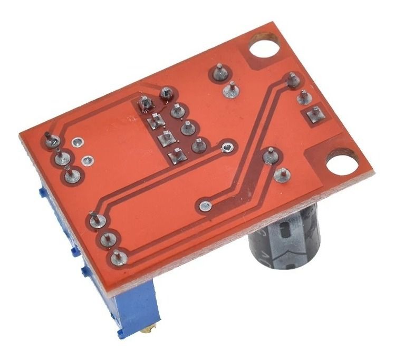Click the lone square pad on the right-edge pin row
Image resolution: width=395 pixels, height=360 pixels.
(x=315, y=113)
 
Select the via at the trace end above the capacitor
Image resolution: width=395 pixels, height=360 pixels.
(x=205, y=205)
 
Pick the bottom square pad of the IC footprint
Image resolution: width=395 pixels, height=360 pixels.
(x=176, y=155)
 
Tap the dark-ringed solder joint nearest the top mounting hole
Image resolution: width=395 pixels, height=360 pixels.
(x=219, y=73)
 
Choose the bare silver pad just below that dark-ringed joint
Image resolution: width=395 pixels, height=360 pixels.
(x=230, y=90)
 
